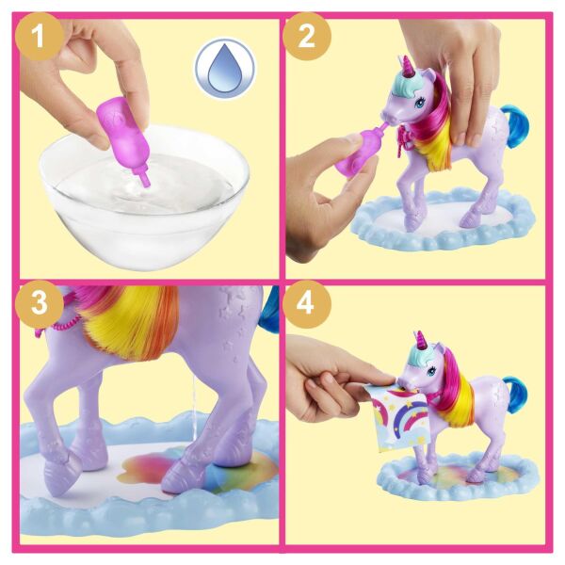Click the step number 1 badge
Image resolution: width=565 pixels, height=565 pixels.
pos(40,40)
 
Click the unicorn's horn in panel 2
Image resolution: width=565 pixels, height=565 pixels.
pos(407,67)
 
